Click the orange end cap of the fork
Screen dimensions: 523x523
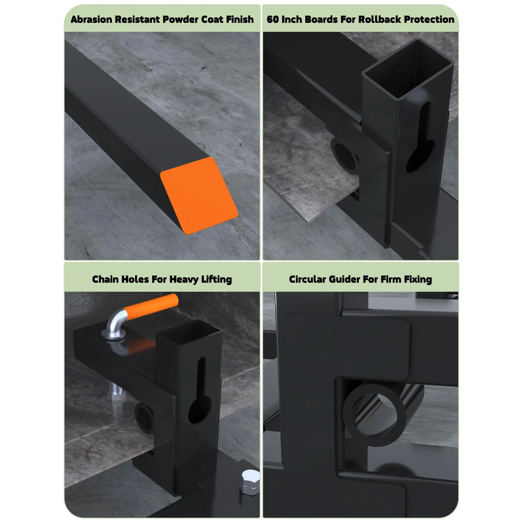199,196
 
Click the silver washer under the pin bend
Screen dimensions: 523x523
113,335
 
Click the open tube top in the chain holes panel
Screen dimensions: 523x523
189,334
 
